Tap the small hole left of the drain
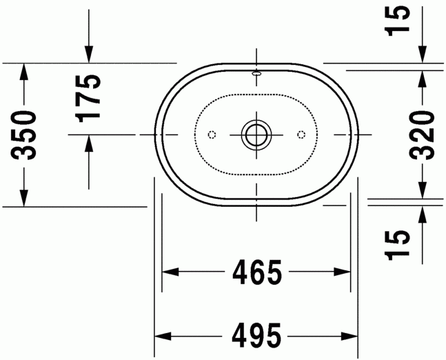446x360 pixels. [212, 133]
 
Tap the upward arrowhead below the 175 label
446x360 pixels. [88, 143]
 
